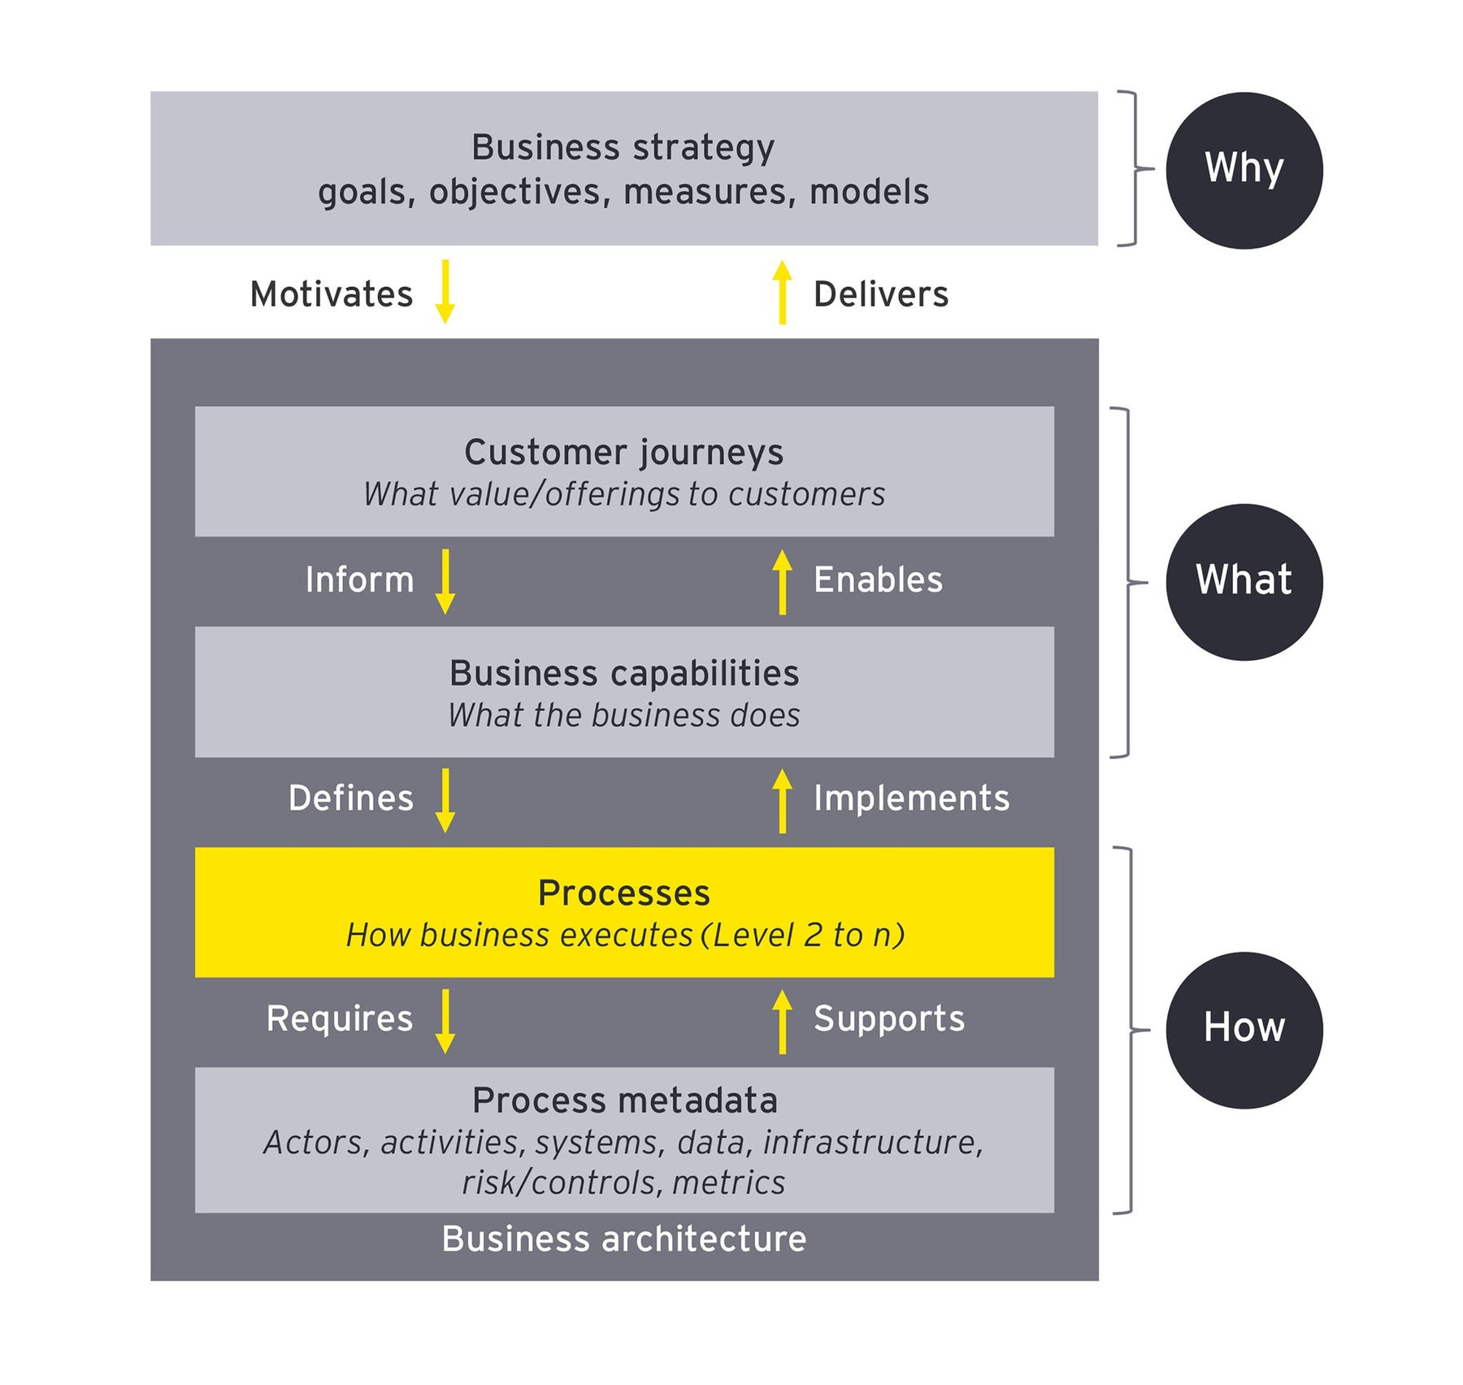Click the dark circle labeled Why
(1243, 170)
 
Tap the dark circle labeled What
(1243, 582)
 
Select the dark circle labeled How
(1243, 1030)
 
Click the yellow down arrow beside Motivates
(445, 292)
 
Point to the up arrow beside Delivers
(782, 292)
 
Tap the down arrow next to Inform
(445, 581)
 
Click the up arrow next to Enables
(782, 581)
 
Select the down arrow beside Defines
(445, 801)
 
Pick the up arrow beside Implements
(782, 801)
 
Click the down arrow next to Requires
(445, 1021)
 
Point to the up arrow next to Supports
(782, 1021)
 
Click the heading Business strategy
(623, 148)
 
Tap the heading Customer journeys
(623, 453)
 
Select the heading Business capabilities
(623, 673)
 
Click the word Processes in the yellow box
(623, 893)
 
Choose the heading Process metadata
(624, 1101)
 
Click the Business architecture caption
(623, 1239)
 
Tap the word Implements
(911, 798)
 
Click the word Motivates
(331, 294)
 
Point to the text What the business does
(623, 715)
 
